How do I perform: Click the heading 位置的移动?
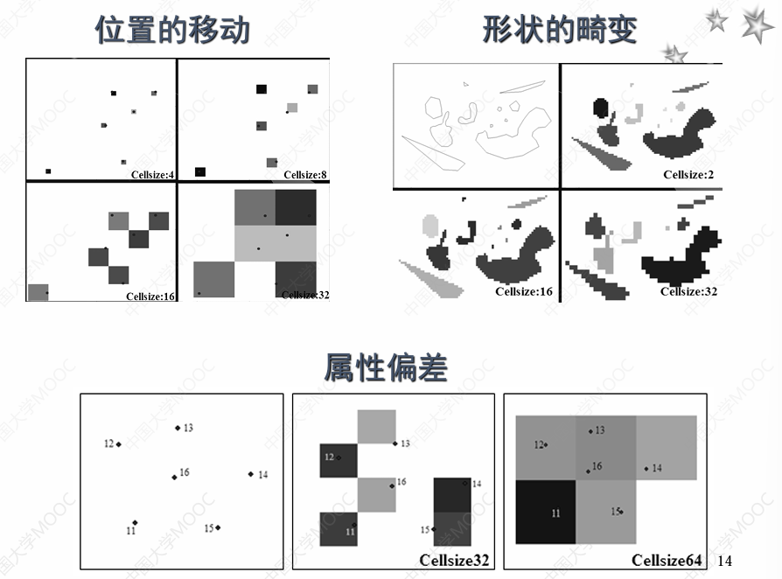point(172,31)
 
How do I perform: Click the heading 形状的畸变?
point(560,31)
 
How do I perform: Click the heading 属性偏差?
point(386,368)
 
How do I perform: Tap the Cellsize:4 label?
point(152,175)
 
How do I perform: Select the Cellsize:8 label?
point(304,175)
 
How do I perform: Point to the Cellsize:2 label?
point(688,175)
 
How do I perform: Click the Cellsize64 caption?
point(666,560)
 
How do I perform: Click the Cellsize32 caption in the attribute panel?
point(454,560)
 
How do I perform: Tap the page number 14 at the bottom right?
point(723,560)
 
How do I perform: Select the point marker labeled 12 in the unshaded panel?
point(118,444)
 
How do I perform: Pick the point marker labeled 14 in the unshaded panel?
point(250,474)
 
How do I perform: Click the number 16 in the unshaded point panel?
point(185,472)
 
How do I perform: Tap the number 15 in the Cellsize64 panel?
point(615,510)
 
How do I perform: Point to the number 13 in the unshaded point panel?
point(188,428)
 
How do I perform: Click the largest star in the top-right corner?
point(757,24)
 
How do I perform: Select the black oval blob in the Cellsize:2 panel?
point(600,108)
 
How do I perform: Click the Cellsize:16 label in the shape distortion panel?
point(523,291)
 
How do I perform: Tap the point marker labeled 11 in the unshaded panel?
point(135,522)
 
